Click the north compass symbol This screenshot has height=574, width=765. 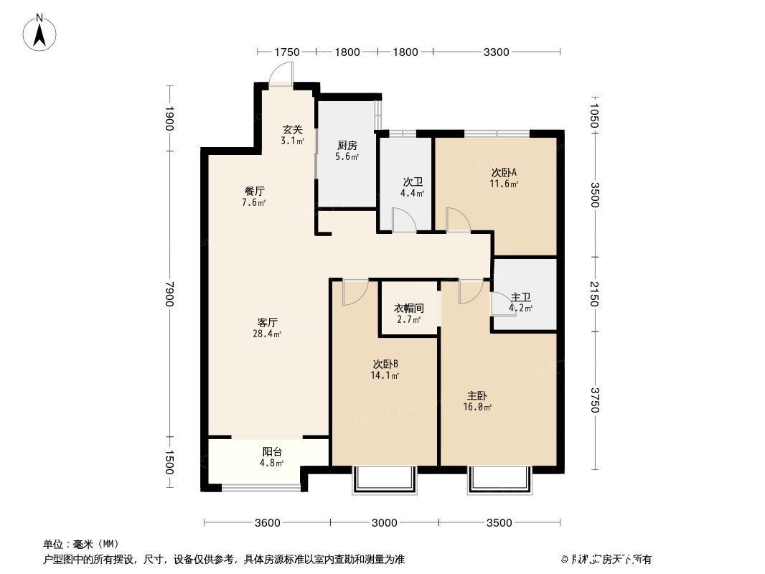(x=41, y=32)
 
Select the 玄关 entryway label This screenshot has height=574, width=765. (x=292, y=130)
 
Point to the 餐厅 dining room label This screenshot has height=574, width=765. (x=254, y=192)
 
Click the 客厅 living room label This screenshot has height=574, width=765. (x=268, y=322)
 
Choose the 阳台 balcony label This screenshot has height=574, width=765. (x=272, y=451)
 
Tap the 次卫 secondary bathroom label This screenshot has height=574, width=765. (x=412, y=182)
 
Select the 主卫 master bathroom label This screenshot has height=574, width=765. (x=520, y=297)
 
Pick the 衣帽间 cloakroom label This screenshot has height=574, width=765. (x=408, y=308)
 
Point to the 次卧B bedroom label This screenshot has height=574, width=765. (x=385, y=364)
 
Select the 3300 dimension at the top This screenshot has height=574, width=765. (x=496, y=52)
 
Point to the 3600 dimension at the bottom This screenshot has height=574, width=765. (x=267, y=522)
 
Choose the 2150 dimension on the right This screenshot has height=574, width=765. (x=593, y=294)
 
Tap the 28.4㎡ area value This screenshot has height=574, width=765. (x=268, y=334)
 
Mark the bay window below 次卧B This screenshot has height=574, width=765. (x=384, y=480)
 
